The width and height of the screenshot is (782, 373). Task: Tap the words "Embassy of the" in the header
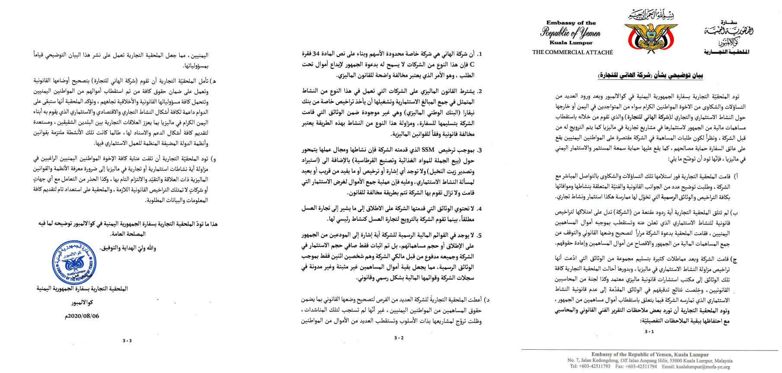tap(571, 23)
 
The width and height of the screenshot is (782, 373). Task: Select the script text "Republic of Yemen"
tap(570, 33)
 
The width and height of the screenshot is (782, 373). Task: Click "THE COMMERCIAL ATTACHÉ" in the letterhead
tap(572, 52)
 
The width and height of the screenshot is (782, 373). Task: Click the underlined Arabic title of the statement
tap(651, 76)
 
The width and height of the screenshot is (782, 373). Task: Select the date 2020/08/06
tap(82, 316)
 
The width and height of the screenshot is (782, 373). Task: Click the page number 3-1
tap(649, 332)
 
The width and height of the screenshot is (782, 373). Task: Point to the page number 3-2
tap(399, 338)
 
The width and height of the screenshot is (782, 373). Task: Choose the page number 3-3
tap(127, 341)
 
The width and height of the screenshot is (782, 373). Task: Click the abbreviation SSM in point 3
tap(428, 150)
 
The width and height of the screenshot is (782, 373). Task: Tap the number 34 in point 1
tap(317, 54)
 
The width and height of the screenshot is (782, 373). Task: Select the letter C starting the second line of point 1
tap(472, 65)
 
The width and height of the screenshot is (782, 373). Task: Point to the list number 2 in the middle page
tap(479, 92)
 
